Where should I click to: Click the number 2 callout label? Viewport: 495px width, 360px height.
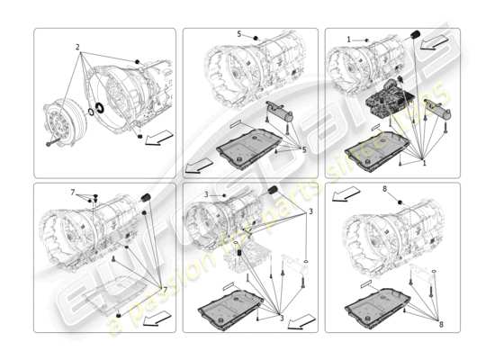coord(77,46)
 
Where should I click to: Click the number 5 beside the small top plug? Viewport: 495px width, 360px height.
coord(238,34)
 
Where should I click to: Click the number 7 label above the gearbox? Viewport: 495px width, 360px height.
coord(72,193)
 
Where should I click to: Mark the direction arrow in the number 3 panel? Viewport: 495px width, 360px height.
coord(304,319)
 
